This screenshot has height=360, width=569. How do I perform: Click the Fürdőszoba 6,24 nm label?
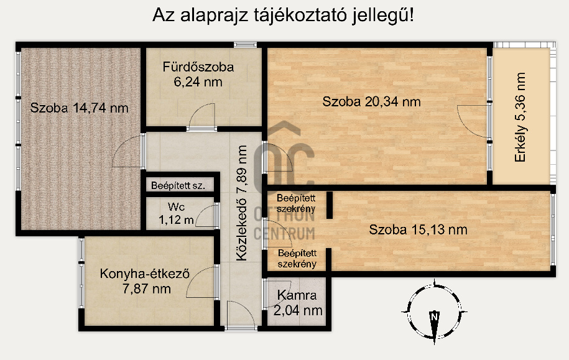click(x=198, y=74)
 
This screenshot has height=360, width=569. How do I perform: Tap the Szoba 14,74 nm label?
click(x=80, y=108)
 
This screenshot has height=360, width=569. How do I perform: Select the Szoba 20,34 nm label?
click(x=371, y=101)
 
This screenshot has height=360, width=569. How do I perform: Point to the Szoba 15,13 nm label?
click(x=418, y=229)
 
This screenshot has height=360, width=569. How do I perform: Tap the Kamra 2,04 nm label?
click(x=298, y=303)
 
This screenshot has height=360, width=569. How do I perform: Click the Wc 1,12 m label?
click(x=176, y=213)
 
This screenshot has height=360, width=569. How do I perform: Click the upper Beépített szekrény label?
click(x=297, y=203)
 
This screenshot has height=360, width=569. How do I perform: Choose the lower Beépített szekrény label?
click(x=297, y=258)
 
